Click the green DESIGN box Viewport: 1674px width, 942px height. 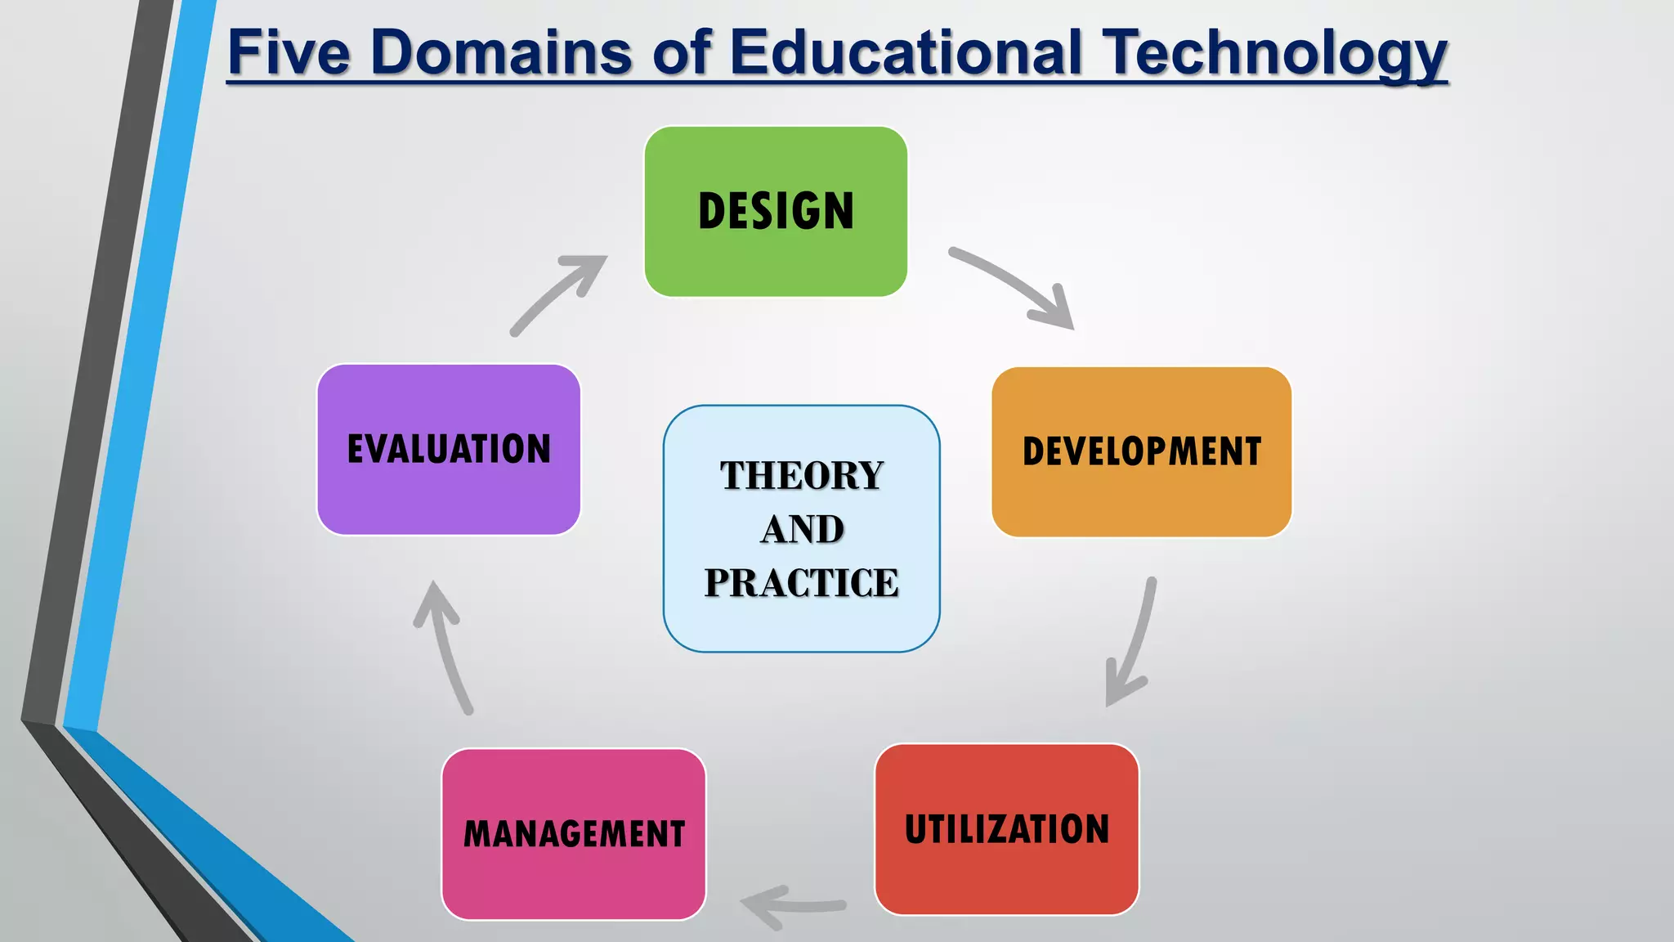[776, 211]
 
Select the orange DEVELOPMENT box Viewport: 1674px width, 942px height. [1141, 451]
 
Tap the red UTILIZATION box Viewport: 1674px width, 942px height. [1006, 828]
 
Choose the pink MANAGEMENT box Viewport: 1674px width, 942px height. [574, 833]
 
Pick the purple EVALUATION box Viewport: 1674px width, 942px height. [449, 449]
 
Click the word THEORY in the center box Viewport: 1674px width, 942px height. [801, 475]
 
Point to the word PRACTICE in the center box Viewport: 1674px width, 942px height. [801, 583]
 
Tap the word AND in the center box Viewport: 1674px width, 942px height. [802, 529]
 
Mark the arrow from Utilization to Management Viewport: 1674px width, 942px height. [793, 905]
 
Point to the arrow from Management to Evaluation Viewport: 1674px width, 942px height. [445, 646]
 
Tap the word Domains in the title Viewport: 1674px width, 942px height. [501, 52]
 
